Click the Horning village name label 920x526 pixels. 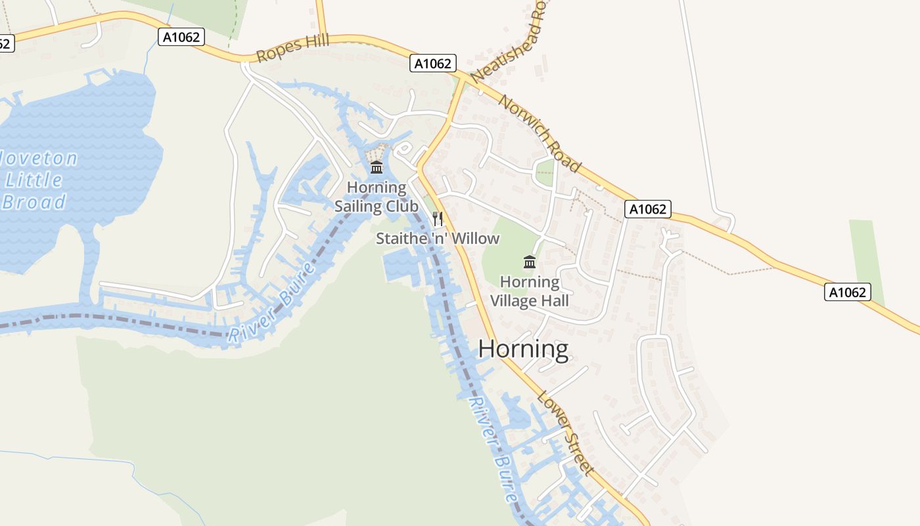point(523,348)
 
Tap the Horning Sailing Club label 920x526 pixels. point(377,197)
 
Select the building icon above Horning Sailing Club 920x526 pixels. point(377,168)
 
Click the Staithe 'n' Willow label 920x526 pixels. point(438,239)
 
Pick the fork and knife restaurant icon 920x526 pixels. point(438,219)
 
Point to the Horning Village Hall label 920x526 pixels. point(530,291)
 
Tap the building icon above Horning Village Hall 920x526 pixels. point(530,262)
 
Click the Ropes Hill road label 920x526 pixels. point(292,49)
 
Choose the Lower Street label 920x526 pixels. point(566,433)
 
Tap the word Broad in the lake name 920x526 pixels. point(34,201)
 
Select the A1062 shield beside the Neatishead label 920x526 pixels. point(433,63)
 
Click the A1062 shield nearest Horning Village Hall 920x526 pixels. point(648,209)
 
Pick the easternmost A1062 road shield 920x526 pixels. point(847,292)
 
